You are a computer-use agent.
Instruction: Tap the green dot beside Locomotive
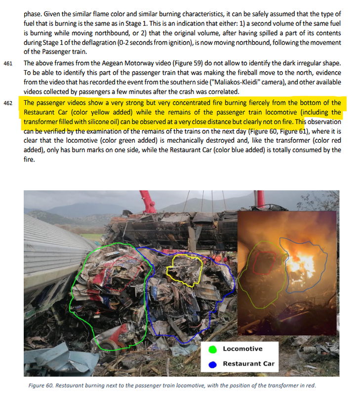tap(213, 349)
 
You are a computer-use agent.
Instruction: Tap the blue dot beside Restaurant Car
tap(213, 364)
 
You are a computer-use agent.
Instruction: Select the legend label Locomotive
tap(242, 349)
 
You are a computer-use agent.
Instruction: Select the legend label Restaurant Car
tap(248, 364)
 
